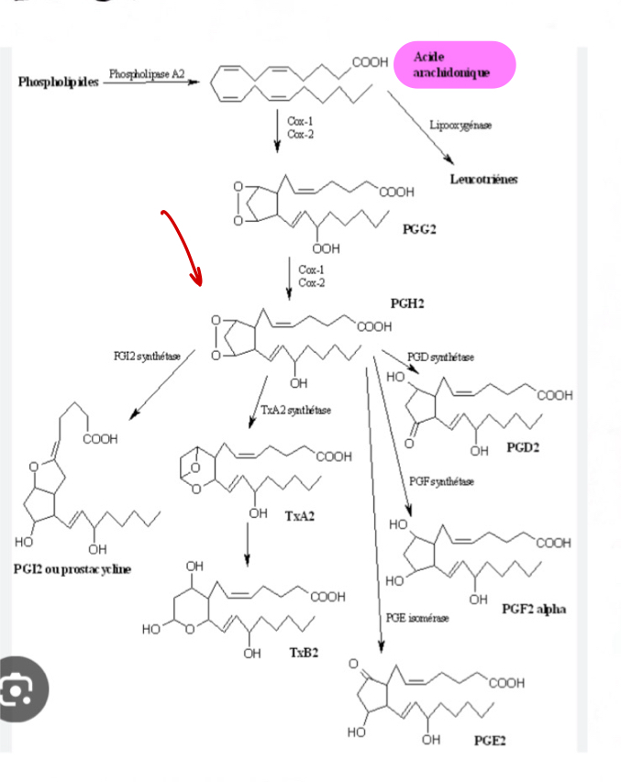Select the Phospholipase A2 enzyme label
pyautogui.click(x=147, y=72)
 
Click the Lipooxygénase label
pyautogui.click(x=460, y=124)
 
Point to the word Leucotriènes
pyautogui.click(x=483, y=179)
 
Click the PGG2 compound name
pyautogui.click(x=420, y=229)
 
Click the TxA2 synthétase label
pyautogui.click(x=295, y=409)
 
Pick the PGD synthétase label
pyautogui.click(x=440, y=357)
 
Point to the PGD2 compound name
pyautogui.click(x=523, y=449)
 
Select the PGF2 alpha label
pyautogui.click(x=533, y=609)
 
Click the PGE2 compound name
pyautogui.click(x=490, y=739)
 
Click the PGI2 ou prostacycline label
pyautogui.click(x=72, y=569)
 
